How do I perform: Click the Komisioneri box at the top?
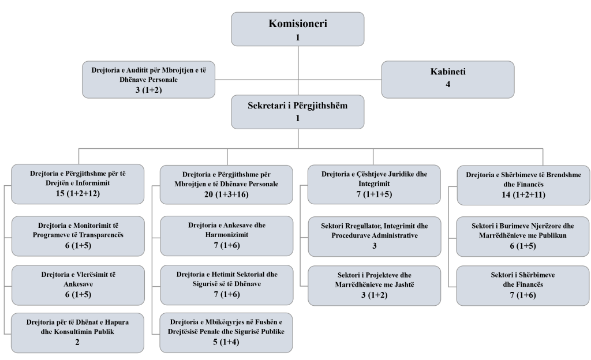(x=298, y=29)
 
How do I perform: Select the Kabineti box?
(x=447, y=78)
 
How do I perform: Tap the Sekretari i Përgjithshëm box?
(x=298, y=112)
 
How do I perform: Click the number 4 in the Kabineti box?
(x=447, y=84)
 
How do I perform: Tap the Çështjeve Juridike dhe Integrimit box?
(x=374, y=183)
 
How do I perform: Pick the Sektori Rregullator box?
(x=374, y=235)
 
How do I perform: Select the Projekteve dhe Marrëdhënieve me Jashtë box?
(x=374, y=285)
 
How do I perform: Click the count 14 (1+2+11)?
(x=523, y=194)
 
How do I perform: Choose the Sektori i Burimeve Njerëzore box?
(x=523, y=235)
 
